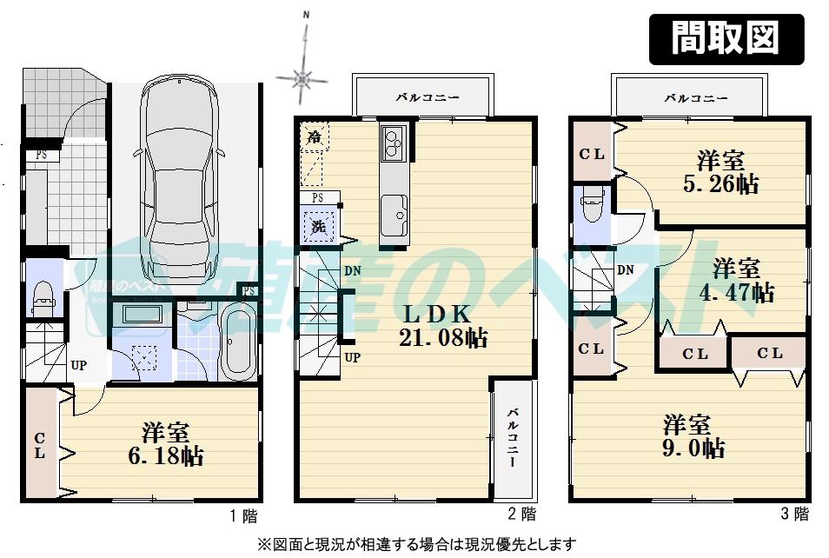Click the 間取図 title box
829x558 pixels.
click(726, 39)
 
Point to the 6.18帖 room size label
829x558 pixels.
click(167, 443)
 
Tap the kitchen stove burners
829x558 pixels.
click(394, 142)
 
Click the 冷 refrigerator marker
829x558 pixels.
click(313, 136)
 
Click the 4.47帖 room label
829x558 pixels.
click(736, 280)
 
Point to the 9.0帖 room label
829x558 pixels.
click(694, 437)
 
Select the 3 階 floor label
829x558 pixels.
click(794, 515)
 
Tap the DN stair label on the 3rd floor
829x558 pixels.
click(626, 270)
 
